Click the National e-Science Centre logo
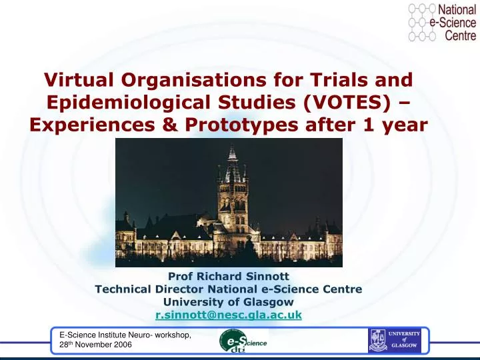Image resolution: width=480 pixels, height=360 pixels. pyautogui.click(x=442, y=22)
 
